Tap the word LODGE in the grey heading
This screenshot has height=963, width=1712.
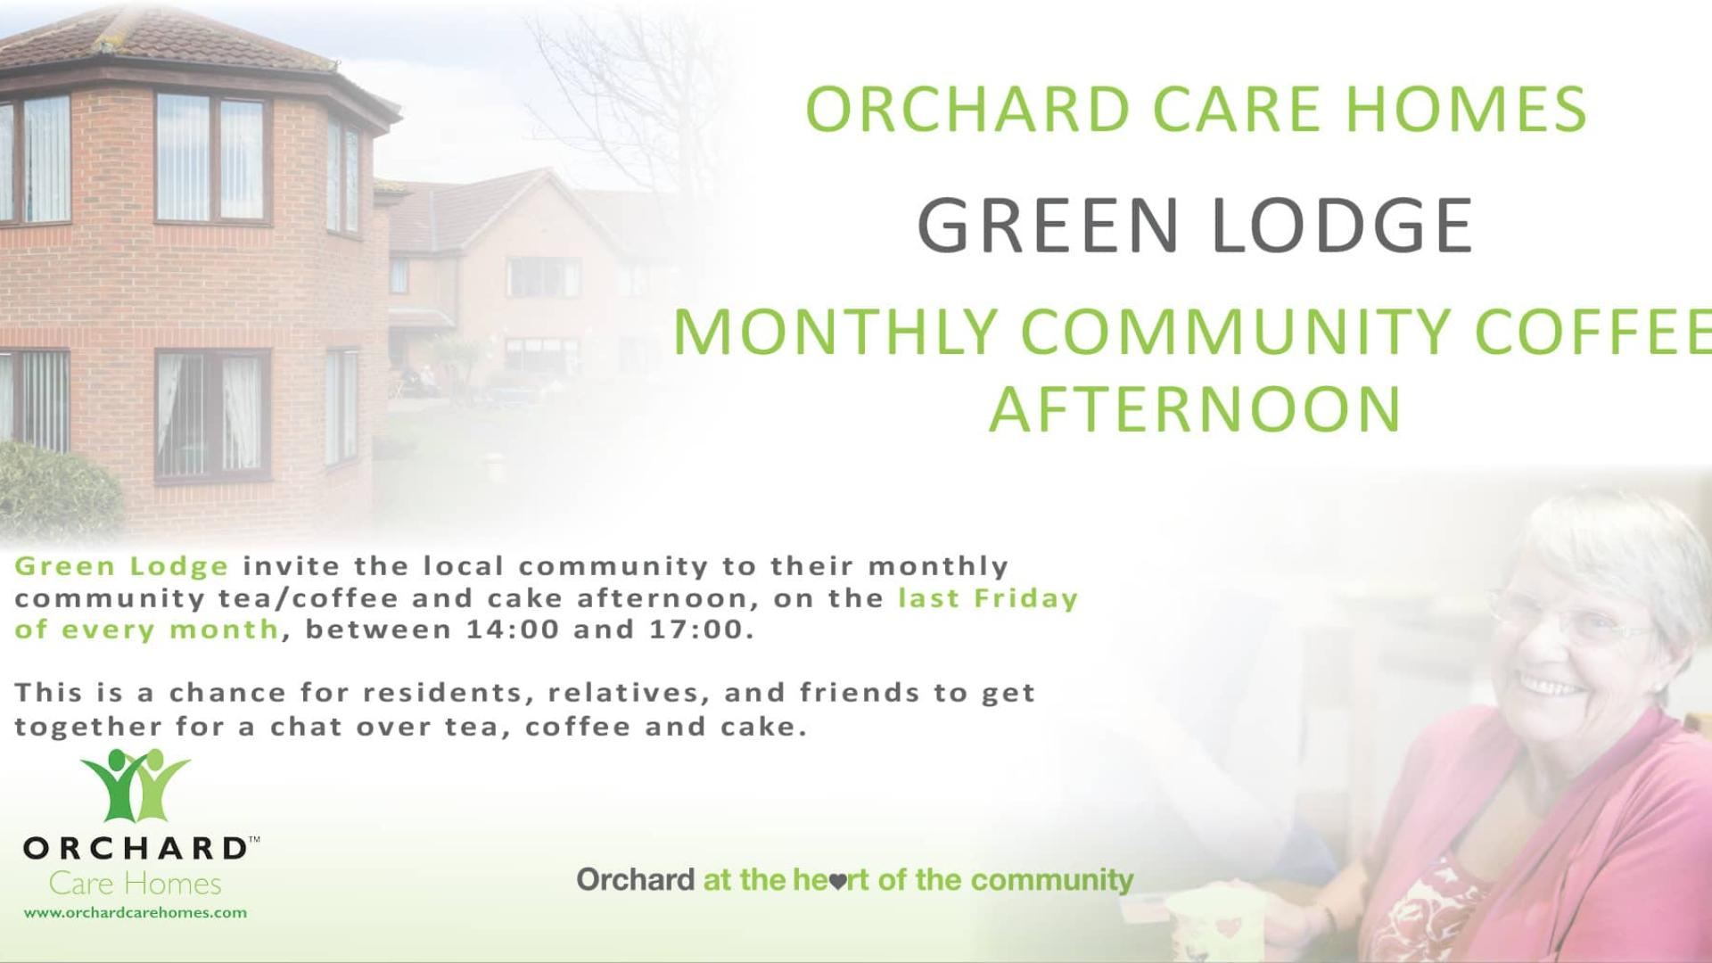pos(1342,225)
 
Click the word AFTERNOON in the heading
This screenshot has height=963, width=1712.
pos(1195,410)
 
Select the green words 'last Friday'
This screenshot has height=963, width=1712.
pos(988,597)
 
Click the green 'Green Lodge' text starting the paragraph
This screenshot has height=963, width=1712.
pos(122,566)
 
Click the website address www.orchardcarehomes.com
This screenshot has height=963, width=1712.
pos(136,912)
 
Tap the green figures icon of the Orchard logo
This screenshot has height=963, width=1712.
pos(136,785)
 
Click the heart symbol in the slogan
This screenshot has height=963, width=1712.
pos(837,882)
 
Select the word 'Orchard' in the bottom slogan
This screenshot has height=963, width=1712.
pos(635,880)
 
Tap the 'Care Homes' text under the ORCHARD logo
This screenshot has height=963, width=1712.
pos(136,884)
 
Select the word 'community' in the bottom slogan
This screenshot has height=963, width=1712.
pos(1052,880)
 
